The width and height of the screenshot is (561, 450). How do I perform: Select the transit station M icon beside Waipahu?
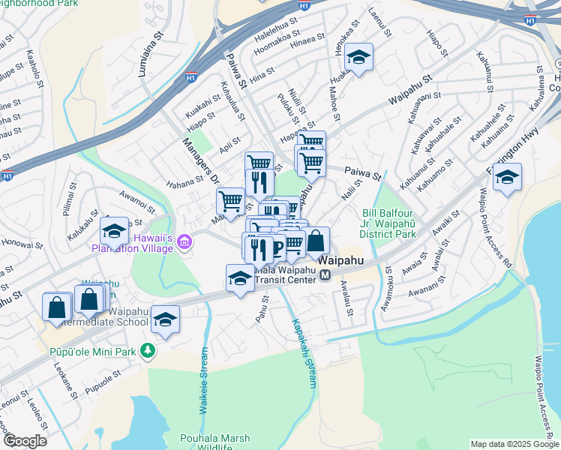click(325, 275)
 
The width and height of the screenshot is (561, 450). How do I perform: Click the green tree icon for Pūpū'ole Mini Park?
click(148, 350)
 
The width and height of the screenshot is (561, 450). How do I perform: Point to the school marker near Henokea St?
click(359, 58)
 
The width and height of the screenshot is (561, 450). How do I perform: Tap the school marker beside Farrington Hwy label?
click(508, 178)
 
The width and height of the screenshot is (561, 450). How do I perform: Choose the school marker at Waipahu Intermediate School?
click(165, 319)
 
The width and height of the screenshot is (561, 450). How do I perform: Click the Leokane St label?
click(66, 388)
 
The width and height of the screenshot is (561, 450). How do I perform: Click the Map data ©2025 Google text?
click(514, 444)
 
